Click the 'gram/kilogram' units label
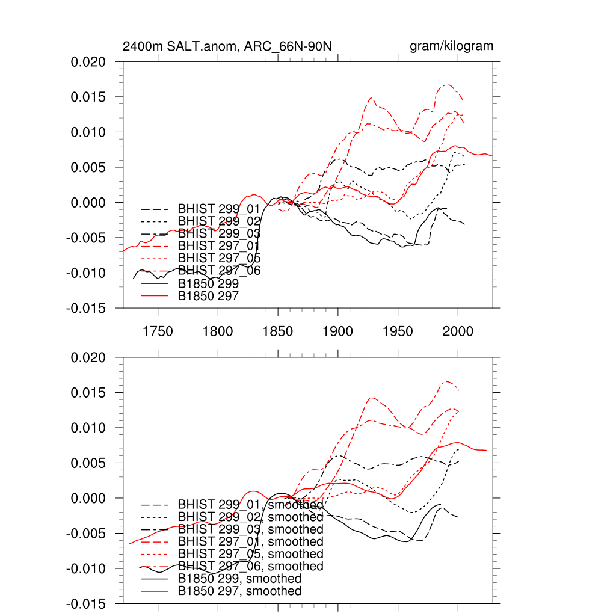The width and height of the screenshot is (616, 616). (451, 46)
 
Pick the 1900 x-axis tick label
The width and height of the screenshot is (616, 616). (338, 331)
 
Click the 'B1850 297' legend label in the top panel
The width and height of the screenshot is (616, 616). (209, 295)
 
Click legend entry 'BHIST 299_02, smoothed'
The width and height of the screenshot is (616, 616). (250, 517)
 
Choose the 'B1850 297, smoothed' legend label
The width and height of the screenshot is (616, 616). (240, 591)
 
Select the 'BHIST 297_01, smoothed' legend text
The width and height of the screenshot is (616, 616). (250, 541)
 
